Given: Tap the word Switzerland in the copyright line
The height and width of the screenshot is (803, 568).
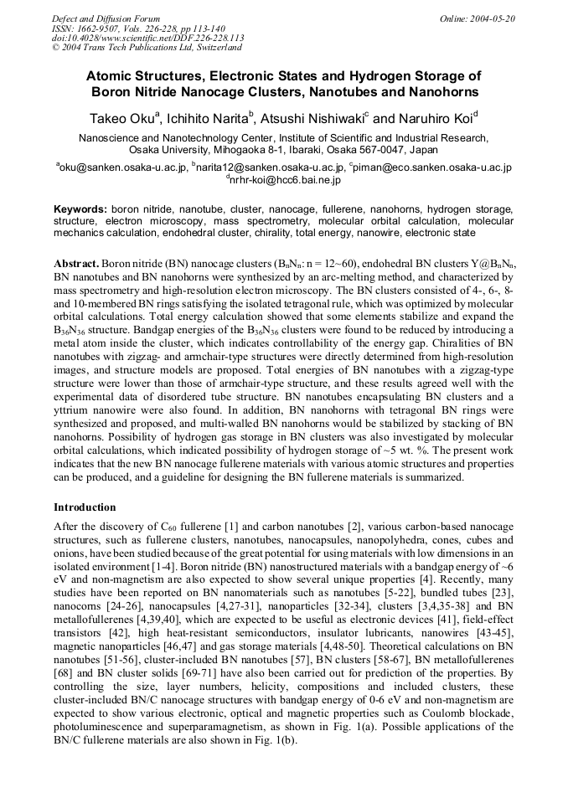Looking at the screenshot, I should [x=208, y=49].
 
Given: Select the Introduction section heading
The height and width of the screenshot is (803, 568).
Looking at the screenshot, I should [x=85, y=507].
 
